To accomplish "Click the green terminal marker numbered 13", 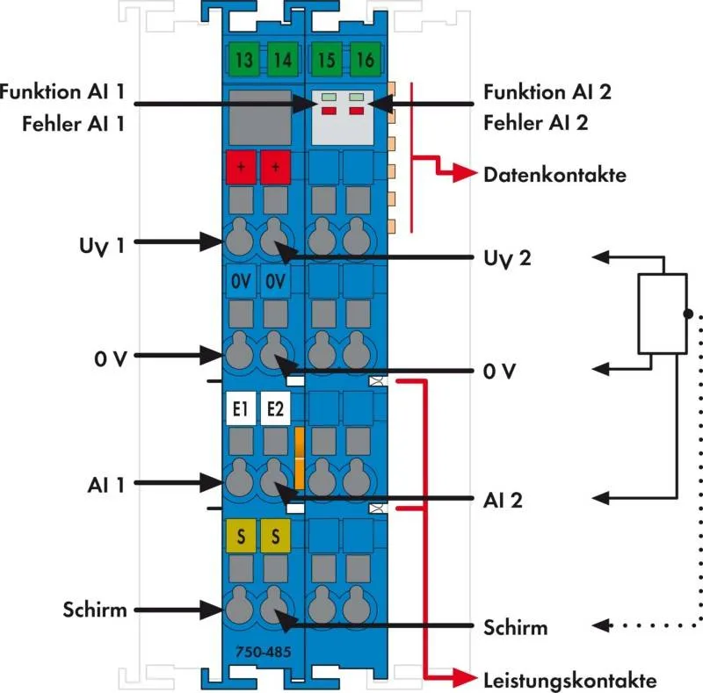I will (x=244, y=61).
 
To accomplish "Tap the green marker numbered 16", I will (x=363, y=61).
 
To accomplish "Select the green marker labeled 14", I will (x=280, y=61).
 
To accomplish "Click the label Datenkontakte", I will (x=554, y=175).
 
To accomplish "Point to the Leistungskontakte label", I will (x=569, y=680).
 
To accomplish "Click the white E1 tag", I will (x=240, y=408).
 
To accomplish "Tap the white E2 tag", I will (x=275, y=408).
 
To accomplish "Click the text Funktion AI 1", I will (x=62, y=90).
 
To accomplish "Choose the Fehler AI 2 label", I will (x=536, y=123).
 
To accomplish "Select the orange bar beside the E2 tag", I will (x=300, y=458).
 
